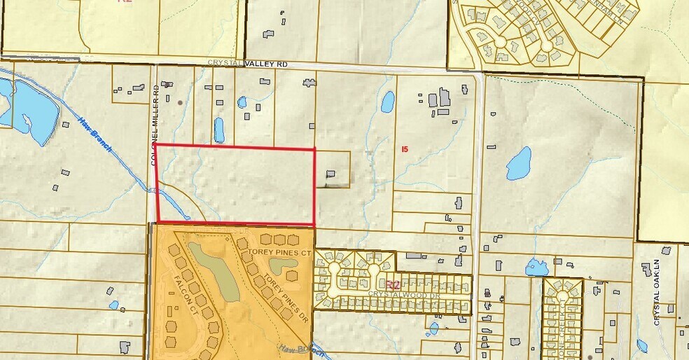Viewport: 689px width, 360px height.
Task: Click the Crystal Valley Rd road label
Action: coord(248,64)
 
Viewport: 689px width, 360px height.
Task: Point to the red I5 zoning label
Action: coord(404,148)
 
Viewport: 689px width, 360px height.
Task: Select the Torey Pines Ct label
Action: coord(279,251)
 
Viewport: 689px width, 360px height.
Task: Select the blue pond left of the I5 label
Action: coord(387,102)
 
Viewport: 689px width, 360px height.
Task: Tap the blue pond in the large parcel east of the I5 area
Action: coord(519,164)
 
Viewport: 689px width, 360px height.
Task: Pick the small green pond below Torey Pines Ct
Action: coord(282,265)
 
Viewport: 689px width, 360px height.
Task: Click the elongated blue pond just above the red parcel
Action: coord(219,130)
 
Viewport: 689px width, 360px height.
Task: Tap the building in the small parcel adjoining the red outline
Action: coord(330,174)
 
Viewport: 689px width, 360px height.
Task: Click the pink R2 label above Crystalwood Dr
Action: coord(393,285)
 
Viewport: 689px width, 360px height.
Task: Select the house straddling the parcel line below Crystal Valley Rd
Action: coord(309,83)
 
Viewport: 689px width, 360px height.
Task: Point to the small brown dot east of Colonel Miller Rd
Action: coord(181,102)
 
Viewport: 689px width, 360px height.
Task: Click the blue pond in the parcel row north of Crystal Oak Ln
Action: coord(537,267)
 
